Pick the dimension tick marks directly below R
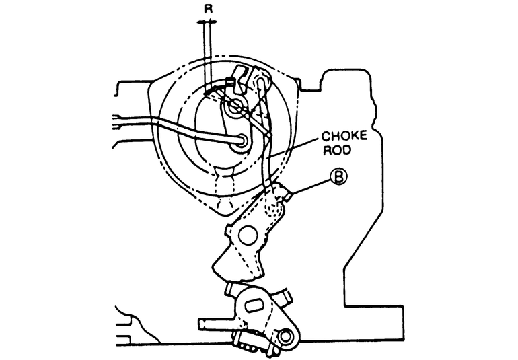[207, 23]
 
